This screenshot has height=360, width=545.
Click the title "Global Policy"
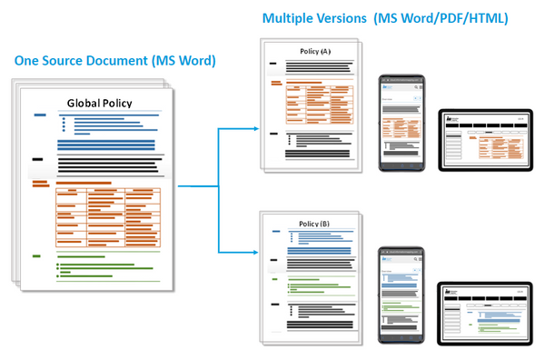pos(102,103)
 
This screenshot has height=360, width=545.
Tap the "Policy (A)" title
pos(313,53)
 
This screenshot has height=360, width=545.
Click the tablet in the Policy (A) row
pos(485,138)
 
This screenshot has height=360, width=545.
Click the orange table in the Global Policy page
pos(107,216)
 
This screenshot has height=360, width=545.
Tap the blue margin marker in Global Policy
pos(40,115)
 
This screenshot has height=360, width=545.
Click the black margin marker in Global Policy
pos(37,159)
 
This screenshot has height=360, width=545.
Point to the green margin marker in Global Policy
pos(36,256)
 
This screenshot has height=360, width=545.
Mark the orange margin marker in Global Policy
pos(40,185)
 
